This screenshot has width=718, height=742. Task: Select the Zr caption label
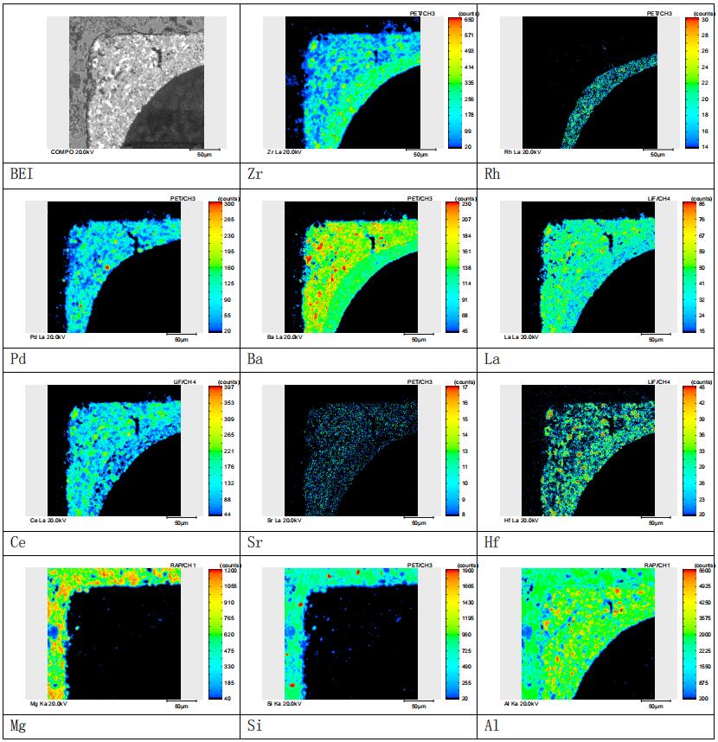tap(253, 176)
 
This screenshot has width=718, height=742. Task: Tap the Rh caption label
tap(492, 176)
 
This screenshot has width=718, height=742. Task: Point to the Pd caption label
tap(16, 359)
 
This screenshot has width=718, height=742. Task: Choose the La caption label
tap(492, 359)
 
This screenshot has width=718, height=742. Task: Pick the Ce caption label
tap(16, 542)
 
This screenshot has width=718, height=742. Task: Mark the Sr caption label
tap(254, 542)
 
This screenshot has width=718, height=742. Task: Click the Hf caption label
tap(492, 542)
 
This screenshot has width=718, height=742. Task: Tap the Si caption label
tap(253, 726)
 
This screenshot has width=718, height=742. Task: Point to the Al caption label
tap(492, 726)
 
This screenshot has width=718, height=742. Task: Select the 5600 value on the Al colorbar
tap(706, 571)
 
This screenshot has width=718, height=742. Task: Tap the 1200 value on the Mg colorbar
tap(230, 571)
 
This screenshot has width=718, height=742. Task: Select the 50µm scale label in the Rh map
tap(657, 155)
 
